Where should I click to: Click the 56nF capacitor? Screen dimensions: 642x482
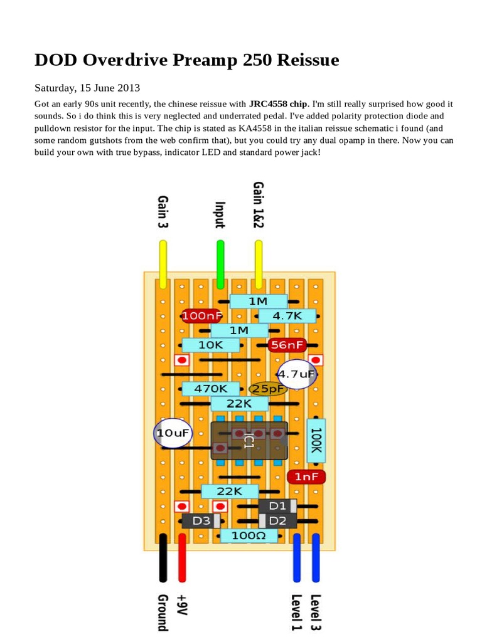pyautogui.click(x=287, y=345)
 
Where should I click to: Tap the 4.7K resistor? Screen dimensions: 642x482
pyautogui.click(x=288, y=316)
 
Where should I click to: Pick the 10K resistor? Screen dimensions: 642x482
pyautogui.click(x=210, y=345)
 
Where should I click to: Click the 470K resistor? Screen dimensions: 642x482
pyautogui.click(x=210, y=389)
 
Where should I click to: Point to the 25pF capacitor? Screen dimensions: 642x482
pyautogui.click(x=269, y=389)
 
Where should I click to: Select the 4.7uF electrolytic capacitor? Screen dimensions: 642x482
pyautogui.click(x=296, y=374)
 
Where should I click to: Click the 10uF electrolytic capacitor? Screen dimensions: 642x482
pyautogui.click(x=172, y=433)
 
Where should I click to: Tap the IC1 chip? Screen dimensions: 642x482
pyautogui.click(x=249, y=440)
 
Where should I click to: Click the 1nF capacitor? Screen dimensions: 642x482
pyautogui.click(x=306, y=477)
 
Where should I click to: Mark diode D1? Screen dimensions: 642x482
pyautogui.click(x=278, y=506)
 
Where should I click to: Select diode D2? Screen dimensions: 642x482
pyautogui.click(x=278, y=521)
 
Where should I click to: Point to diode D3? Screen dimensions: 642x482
pyautogui.click(x=201, y=521)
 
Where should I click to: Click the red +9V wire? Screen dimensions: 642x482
pyautogui.click(x=182, y=557)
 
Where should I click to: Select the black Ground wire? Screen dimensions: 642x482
pyautogui.click(x=163, y=557)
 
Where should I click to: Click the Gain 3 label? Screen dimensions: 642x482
pyautogui.click(x=163, y=211)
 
